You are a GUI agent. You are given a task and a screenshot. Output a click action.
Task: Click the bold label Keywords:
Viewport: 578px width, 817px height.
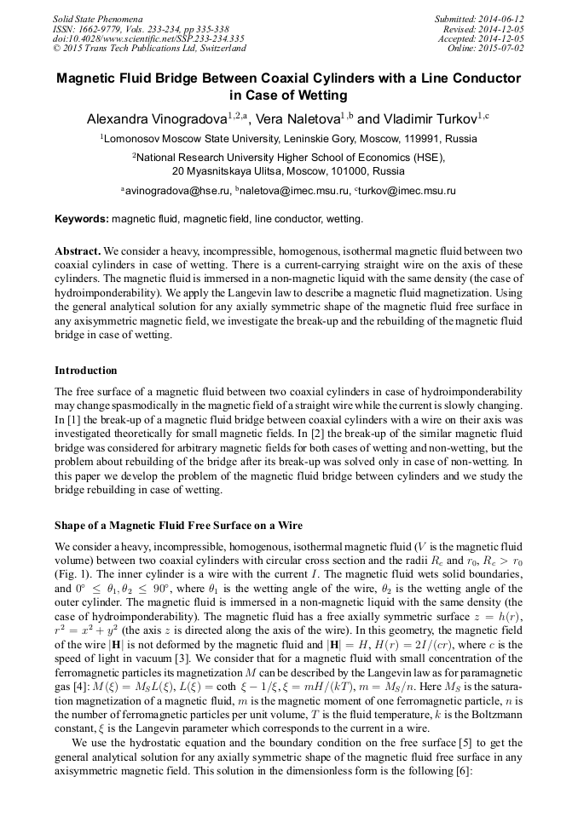[x=82, y=219]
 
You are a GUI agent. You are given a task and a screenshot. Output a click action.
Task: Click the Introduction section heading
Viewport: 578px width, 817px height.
[x=86, y=371]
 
